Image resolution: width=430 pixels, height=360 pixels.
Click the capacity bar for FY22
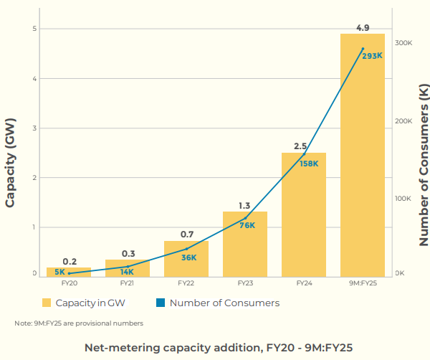point(186,259)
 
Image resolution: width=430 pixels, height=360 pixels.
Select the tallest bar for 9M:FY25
point(362,158)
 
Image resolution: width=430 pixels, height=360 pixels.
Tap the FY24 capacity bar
point(303,215)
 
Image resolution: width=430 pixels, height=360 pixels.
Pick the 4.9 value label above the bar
point(363,28)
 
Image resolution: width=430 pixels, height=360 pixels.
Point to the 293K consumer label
point(372,56)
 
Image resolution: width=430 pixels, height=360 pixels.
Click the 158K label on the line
point(308,164)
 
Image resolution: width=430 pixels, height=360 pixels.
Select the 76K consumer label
point(247,225)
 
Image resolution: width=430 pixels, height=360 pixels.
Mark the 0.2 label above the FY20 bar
point(70,261)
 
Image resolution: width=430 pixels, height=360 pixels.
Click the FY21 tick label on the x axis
point(127,283)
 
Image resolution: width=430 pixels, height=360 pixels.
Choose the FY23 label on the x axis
point(244,283)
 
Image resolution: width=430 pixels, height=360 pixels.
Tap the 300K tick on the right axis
point(403,43)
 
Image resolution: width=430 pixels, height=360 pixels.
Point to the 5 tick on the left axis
point(34,29)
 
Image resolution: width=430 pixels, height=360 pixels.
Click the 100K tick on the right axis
point(403,198)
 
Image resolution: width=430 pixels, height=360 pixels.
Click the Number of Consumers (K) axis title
point(423,165)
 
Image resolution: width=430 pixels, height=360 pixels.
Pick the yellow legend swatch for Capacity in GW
point(47,303)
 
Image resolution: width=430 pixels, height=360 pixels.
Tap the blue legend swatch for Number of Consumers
point(161,303)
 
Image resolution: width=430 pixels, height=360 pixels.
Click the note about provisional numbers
point(79,323)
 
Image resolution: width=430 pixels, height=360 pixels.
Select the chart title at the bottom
point(219,348)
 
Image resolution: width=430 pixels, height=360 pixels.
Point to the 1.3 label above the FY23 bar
point(244,205)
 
